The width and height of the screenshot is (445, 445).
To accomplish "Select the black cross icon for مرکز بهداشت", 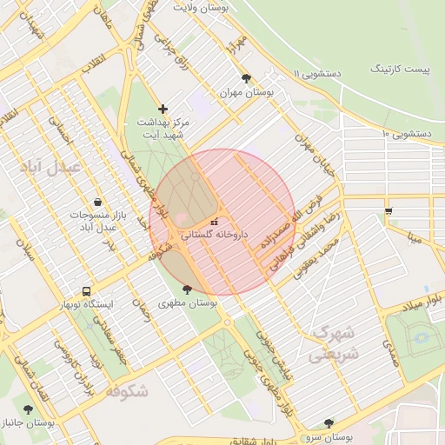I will point(163,109).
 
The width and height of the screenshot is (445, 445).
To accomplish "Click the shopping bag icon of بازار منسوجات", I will point(96,201).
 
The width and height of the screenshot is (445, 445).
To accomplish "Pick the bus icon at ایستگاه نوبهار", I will point(85,291).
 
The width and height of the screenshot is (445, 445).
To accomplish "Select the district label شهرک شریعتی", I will point(332,343).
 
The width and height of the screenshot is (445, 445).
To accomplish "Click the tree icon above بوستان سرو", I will point(328,422).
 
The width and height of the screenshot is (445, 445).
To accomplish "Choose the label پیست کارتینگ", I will point(399,67).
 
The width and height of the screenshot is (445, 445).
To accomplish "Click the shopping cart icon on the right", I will point(389,209).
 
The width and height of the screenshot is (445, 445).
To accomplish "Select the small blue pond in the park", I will point(421,336).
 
